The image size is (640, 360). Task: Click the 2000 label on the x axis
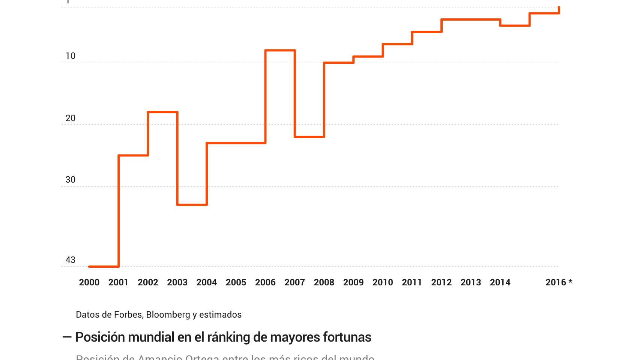[89, 282]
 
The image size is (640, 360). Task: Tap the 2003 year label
[177, 282]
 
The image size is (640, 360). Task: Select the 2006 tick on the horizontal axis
[265, 282]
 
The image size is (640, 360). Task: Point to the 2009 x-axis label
[353, 282]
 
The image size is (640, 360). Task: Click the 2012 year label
[441, 282]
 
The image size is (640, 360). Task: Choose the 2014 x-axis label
[500, 282]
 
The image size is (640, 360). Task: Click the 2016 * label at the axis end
[559, 282]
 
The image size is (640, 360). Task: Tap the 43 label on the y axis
[71, 260]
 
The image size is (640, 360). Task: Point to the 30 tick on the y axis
[71, 180]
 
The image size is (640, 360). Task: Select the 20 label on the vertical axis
[71, 118]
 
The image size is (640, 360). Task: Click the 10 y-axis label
[71, 56]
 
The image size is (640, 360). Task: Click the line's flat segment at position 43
[104, 267]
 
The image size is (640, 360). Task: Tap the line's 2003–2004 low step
[192, 205]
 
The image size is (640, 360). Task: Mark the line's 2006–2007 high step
[280, 50]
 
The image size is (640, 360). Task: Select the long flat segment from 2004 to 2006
[236, 143]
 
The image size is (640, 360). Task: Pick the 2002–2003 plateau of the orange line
[162, 112]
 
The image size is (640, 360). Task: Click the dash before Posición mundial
[67, 337]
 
